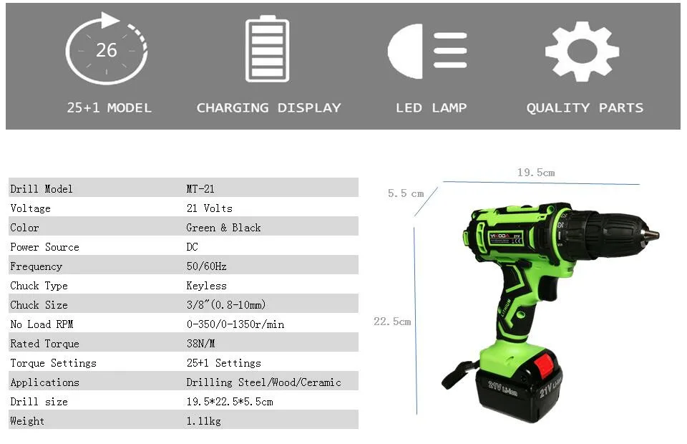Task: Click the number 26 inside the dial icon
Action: [107, 50]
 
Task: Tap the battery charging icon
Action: [267, 49]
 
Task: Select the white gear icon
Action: [583, 52]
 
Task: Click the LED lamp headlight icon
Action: [427, 52]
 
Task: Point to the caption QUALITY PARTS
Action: [585, 108]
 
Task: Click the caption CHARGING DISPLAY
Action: [268, 108]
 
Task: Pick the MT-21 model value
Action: [200, 189]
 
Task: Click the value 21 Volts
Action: [210, 208]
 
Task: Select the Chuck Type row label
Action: [39, 286]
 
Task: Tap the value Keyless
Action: [206, 286]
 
